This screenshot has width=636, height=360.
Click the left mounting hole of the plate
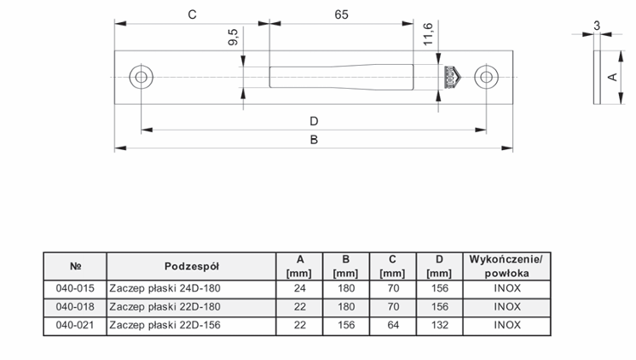point(141,77)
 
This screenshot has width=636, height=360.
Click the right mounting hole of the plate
point(486,77)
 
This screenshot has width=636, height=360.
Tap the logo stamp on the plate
point(451,77)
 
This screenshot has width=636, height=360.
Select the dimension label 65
point(341,14)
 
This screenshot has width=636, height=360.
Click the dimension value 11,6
point(427,35)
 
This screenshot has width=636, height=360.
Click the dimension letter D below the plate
point(314,120)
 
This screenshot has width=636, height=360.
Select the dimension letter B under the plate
point(314,142)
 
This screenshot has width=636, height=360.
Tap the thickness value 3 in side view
point(596,26)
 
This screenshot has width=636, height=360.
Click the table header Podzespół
point(192,265)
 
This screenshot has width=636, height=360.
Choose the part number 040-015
point(75,287)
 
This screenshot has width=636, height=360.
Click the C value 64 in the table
point(392,325)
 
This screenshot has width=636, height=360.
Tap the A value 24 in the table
point(299,287)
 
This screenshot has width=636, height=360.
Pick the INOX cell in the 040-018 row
point(506,306)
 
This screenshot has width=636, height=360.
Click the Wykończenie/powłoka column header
point(506,265)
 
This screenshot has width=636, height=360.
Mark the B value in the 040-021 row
point(345,325)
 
